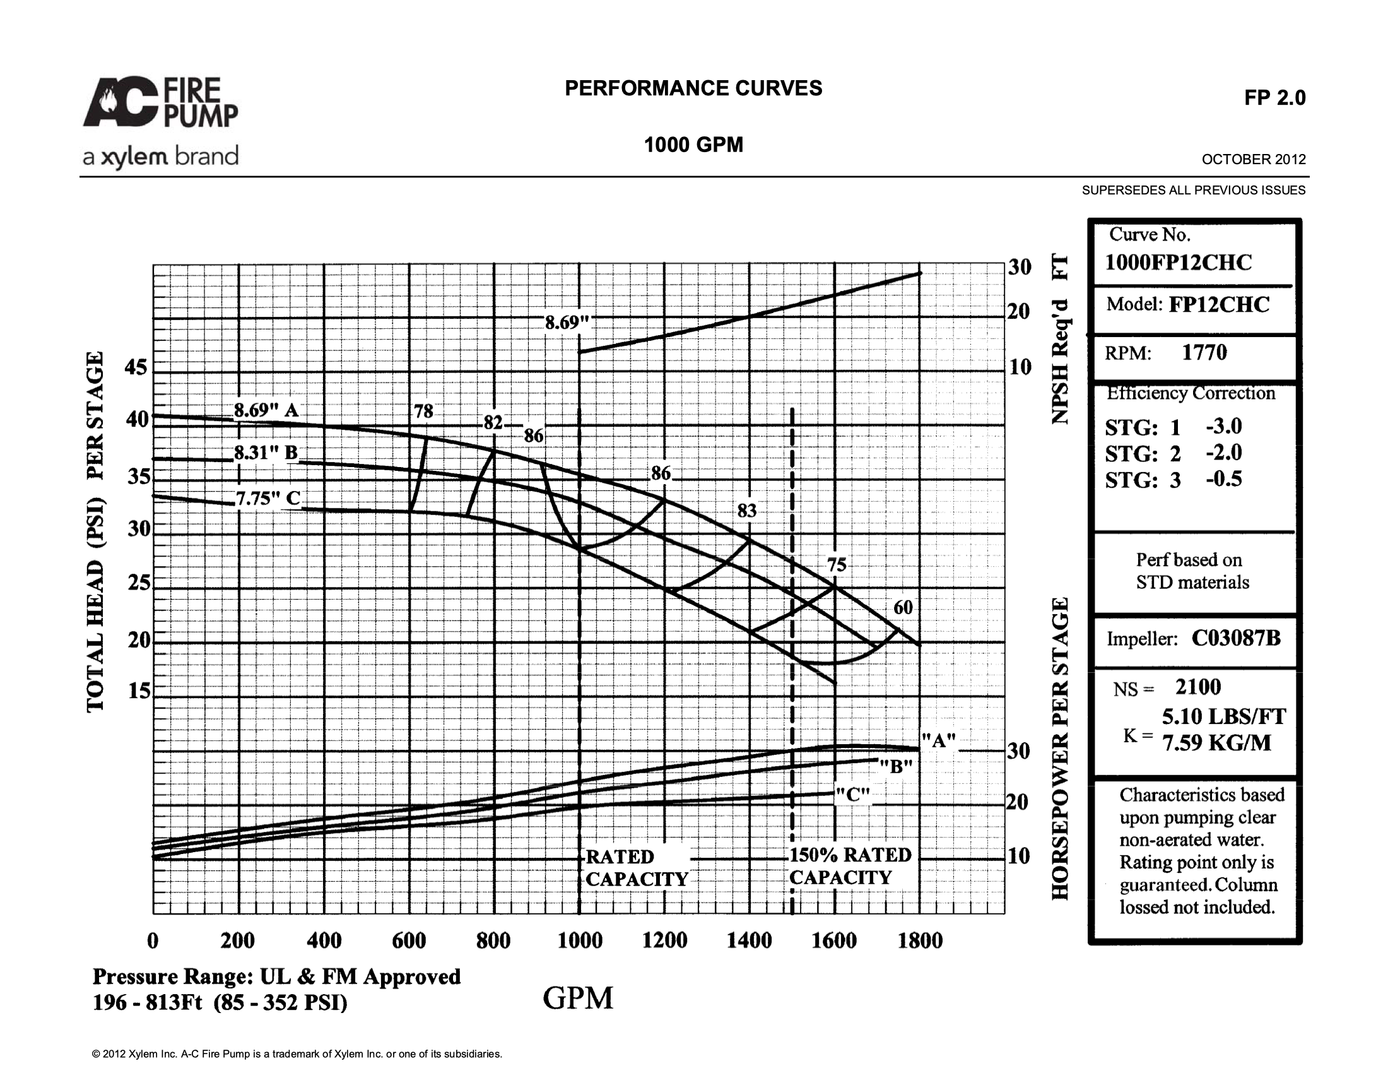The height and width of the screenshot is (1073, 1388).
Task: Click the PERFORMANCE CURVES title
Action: (x=693, y=88)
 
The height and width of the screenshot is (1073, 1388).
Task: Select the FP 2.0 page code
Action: (x=1275, y=98)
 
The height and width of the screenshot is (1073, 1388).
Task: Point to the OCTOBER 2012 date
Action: (x=1253, y=160)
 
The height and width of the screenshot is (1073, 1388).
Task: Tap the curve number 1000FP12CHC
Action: (x=1179, y=263)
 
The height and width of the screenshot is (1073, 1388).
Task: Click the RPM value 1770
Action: (x=1204, y=352)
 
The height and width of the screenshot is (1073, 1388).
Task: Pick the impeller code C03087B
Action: (x=1236, y=637)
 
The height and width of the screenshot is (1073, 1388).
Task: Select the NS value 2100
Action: (x=1198, y=687)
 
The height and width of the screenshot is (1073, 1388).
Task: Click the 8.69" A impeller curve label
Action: (x=266, y=410)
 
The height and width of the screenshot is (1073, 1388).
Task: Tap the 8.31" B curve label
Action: (x=266, y=453)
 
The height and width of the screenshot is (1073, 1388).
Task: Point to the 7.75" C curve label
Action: (x=268, y=498)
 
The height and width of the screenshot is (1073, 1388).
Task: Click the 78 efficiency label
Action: (x=424, y=412)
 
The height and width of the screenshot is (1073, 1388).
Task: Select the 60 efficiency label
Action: (x=903, y=608)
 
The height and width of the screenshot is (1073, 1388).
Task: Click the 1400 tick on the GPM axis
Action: (x=750, y=940)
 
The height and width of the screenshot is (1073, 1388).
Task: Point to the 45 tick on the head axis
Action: (x=136, y=367)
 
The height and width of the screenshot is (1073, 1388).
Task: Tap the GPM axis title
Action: (x=578, y=998)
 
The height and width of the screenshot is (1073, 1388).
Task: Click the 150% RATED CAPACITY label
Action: (x=850, y=867)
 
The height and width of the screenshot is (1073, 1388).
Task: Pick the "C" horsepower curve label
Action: (x=852, y=795)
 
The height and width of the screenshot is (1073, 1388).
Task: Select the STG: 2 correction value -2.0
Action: (x=1224, y=453)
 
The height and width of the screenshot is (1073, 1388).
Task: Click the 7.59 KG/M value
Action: (x=1217, y=742)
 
